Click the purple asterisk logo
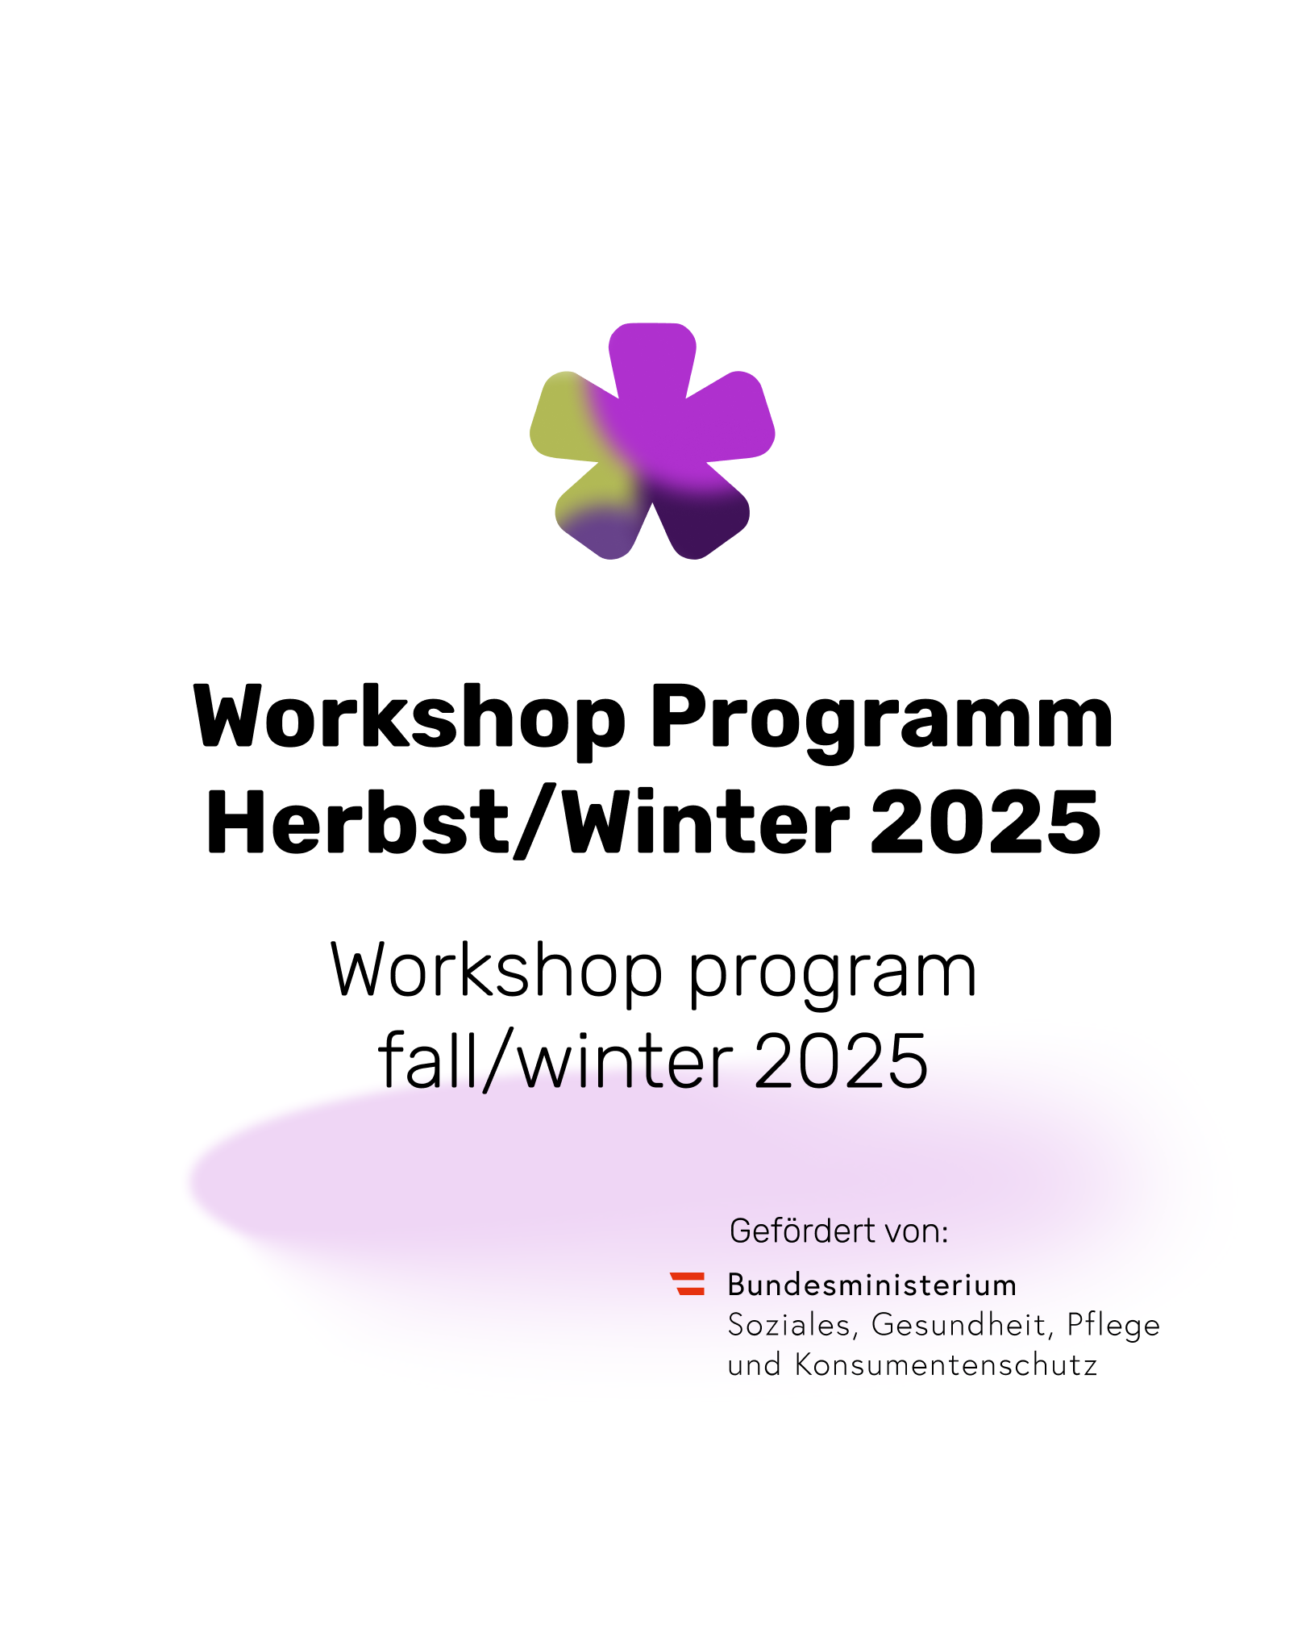click(652, 441)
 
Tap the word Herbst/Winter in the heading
click(528, 822)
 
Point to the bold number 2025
click(985, 822)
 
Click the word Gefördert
click(802, 1231)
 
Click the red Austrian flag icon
click(688, 1283)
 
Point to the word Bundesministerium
click(872, 1285)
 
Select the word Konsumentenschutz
click(946, 1365)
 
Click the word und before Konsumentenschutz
click(755, 1365)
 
